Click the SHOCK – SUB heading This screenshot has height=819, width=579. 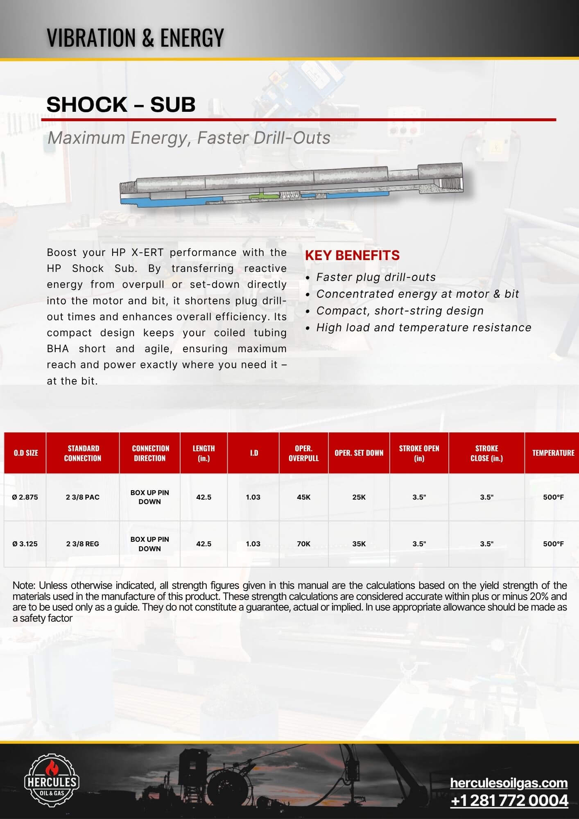[121, 105]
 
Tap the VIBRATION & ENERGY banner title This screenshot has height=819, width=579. [135, 38]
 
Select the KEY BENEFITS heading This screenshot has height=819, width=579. [352, 256]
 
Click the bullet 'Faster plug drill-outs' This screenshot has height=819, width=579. [376, 277]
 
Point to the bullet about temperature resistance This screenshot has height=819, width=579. [423, 328]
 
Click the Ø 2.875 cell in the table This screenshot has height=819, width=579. [25, 497]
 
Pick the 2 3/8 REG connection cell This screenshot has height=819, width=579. [82, 544]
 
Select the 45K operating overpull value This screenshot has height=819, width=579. [303, 497]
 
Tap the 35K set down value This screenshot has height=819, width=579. [359, 544]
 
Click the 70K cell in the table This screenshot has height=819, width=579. [303, 544]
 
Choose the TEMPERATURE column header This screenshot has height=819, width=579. [553, 453]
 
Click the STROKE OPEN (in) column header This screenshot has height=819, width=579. [419, 453]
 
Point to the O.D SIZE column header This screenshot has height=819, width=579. [25, 453]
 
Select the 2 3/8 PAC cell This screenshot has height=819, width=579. [82, 497]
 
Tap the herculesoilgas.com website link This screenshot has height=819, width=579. [509, 783]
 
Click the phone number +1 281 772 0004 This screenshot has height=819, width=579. [509, 801]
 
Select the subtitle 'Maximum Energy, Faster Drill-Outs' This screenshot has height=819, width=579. [189, 138]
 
